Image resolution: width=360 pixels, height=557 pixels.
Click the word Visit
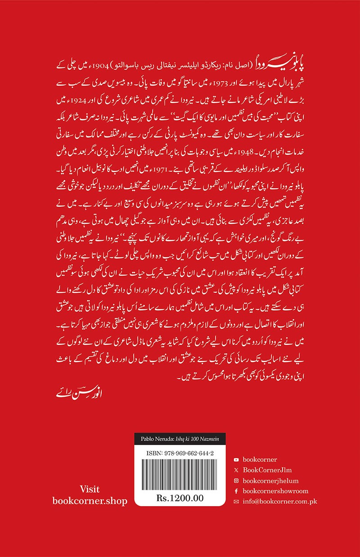[x=90, y=489]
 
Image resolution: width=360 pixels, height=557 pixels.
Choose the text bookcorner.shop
[x=90, y=501]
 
